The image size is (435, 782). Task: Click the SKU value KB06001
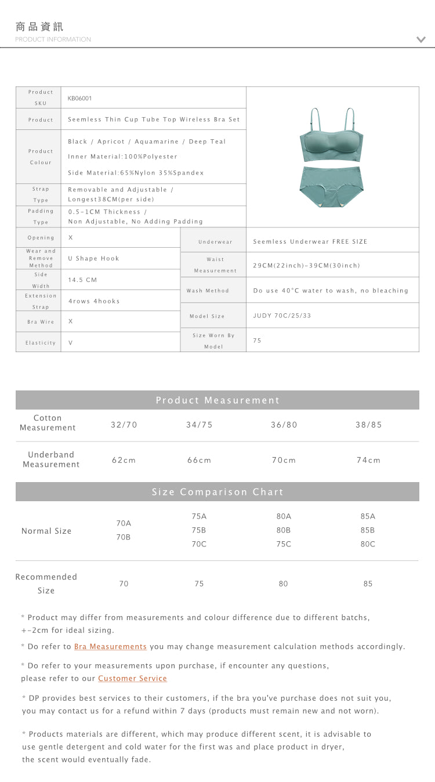tap(80, 99)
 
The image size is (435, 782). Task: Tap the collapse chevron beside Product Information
tap(421, 39)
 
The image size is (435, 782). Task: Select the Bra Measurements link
tap(110, 647)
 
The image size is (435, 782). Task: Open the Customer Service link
tap(132, 679)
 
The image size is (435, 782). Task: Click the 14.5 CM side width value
tap(83, 280)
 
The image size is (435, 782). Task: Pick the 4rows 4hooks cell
tap(94, 301)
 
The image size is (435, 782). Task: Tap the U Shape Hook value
tap(93, 259)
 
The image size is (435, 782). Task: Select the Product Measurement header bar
tap(217, 400)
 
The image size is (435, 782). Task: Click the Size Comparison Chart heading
tap(217, 492)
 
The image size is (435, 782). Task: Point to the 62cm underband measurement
tap(124, 460)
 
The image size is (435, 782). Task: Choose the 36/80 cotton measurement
tap(284, 425)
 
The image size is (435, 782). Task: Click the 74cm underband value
tap(368, 460)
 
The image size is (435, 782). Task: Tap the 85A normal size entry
tap(368, 516)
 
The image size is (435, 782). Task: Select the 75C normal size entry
tap(284, 544)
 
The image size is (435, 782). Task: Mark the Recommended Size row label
tap(46, 584)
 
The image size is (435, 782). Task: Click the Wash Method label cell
tap(208, 291)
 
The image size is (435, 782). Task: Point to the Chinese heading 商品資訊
tap(39, 27)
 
